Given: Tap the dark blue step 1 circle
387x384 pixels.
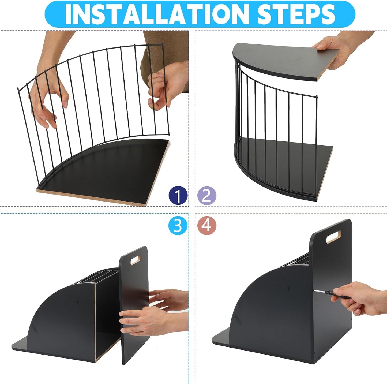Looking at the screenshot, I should (178, 195).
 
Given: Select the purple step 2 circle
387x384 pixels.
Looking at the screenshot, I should (206, 195).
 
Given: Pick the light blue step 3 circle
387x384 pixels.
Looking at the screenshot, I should (178, 226).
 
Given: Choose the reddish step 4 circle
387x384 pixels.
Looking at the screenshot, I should (206, 226).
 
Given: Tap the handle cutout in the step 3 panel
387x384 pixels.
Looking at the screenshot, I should (135, 260).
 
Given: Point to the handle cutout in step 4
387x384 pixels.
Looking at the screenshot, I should (334, 237).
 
